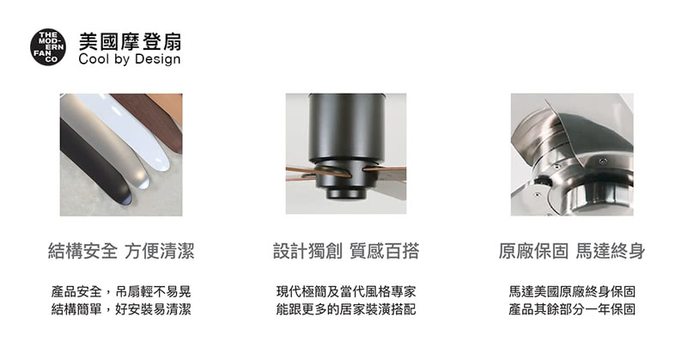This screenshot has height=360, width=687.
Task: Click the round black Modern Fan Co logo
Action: coord(48,47)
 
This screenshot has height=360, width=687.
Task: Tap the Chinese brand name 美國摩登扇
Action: coord(130,41)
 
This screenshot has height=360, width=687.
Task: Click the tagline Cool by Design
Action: coord(130,59)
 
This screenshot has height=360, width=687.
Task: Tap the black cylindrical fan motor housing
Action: coord(346,131)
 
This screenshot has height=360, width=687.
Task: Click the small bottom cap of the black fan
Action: coord(346,193)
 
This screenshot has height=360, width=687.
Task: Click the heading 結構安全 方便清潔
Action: coord(121,251)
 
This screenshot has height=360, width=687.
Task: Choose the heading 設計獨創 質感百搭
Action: coord(346,251)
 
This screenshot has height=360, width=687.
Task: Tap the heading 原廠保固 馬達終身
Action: coord(572,251)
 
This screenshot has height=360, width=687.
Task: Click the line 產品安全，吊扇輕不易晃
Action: coord(121,291)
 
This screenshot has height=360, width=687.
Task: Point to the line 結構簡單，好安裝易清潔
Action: coord(121,309)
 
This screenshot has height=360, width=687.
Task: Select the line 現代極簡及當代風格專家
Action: coord(346,291)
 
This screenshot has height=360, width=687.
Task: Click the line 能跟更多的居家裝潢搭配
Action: coord(346,309)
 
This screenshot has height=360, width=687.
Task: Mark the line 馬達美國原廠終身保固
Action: coord(572,291)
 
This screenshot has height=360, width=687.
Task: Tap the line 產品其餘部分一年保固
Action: coord(572,309)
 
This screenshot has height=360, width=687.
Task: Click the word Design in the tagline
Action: coord(158,60)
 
